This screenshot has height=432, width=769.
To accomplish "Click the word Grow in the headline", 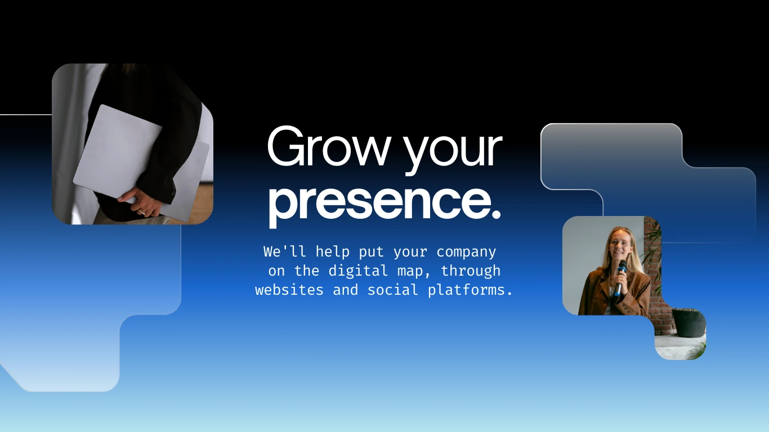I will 329,147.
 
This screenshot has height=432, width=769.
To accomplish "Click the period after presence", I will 496,214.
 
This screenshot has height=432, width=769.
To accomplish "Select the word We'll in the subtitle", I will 285,251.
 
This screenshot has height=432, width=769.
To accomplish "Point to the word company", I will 466,252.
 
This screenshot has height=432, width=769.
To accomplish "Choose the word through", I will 471,271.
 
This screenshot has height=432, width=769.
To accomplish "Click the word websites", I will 289,290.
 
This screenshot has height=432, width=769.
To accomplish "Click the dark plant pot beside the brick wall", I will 688,322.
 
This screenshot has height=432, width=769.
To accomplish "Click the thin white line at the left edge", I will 25,115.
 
